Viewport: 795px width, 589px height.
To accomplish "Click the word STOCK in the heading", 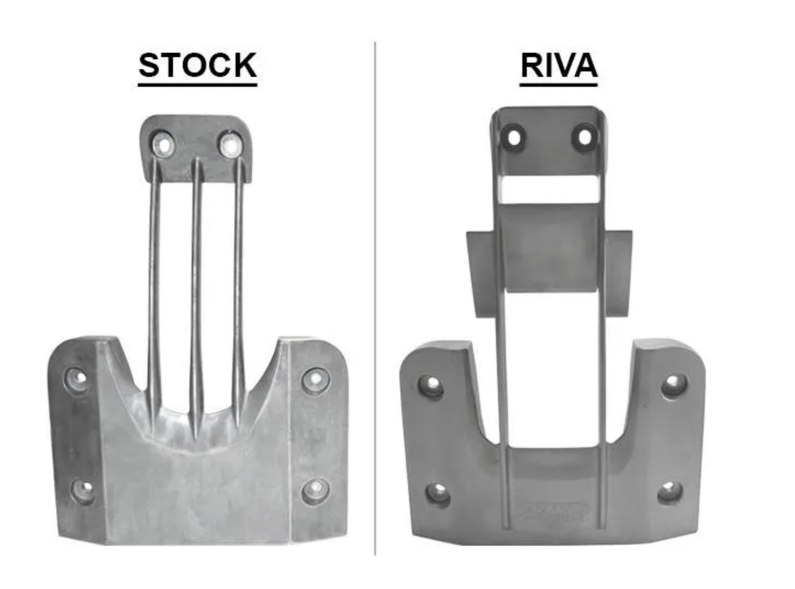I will click(197, 65).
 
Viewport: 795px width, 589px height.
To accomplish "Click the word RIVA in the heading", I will click(559, 65).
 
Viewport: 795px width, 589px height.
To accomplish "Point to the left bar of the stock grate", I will click(154, 285).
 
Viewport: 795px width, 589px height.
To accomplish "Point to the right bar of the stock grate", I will click(238, 285).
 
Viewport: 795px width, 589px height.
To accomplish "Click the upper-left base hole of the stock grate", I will click(79, 378).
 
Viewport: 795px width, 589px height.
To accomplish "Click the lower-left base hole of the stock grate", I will click(83, 489).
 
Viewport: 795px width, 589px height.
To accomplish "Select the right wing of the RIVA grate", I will click(619, 272).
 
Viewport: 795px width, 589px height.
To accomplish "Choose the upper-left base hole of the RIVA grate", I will click(432, 385).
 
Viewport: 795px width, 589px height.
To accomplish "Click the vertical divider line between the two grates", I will click(375, 299).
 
